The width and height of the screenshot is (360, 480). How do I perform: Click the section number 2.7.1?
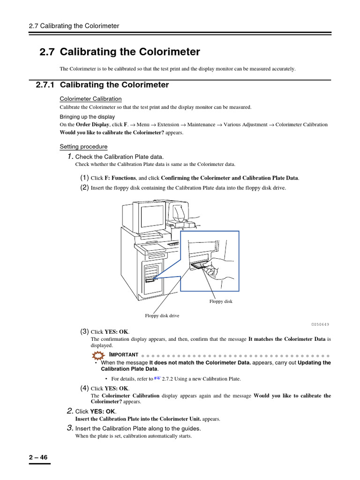(45, 85)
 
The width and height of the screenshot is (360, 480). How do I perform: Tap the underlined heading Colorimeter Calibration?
(90, 99)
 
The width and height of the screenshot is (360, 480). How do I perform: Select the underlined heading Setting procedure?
(83, 147)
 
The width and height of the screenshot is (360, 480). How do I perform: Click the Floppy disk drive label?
(162, 315)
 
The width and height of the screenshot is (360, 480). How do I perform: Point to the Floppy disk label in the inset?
(221, 301)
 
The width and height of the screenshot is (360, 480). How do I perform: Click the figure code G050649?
(320, 324)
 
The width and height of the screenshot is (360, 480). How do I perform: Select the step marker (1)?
(84, 178)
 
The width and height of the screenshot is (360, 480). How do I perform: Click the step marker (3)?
(84, 331)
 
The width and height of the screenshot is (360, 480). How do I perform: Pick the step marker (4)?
(84, 388)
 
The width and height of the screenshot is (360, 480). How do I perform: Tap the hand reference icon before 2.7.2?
(157, 378)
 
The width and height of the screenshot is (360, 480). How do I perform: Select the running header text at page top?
(74, 26)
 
